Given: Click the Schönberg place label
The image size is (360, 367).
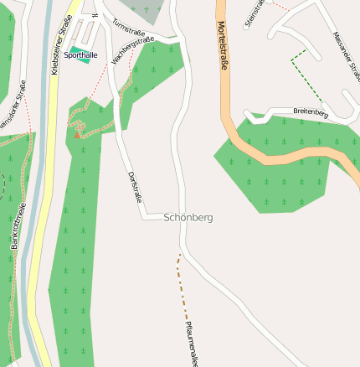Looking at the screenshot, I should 188,217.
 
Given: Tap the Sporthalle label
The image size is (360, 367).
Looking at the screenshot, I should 81,55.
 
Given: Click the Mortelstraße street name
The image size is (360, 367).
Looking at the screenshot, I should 223,47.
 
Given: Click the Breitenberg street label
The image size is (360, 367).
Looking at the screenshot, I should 311,111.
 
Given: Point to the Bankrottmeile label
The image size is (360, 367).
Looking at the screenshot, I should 18,226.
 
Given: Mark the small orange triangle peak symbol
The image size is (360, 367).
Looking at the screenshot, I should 78,133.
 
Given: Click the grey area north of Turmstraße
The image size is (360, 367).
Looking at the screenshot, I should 146,10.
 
